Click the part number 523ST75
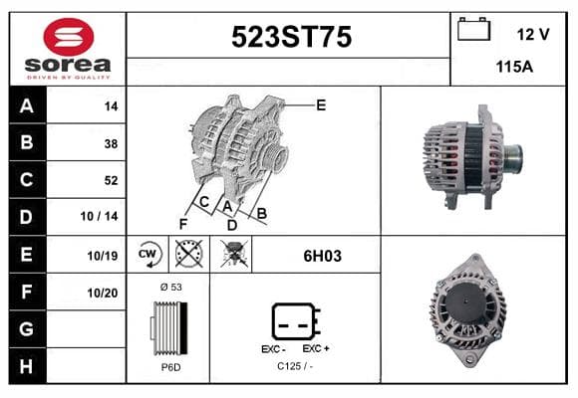(x=291, y=37)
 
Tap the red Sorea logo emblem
(x=69, y=37)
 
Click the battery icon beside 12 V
(x=473, y=29)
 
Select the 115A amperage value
(x=514, y=67)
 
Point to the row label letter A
(x=27, y=106)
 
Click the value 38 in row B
(x=111, y=143)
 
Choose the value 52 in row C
(x=111, y=180)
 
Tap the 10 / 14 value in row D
(x=100, y=216)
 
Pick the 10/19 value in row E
(x=103, y=256)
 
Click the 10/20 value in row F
(x=103, y=294)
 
